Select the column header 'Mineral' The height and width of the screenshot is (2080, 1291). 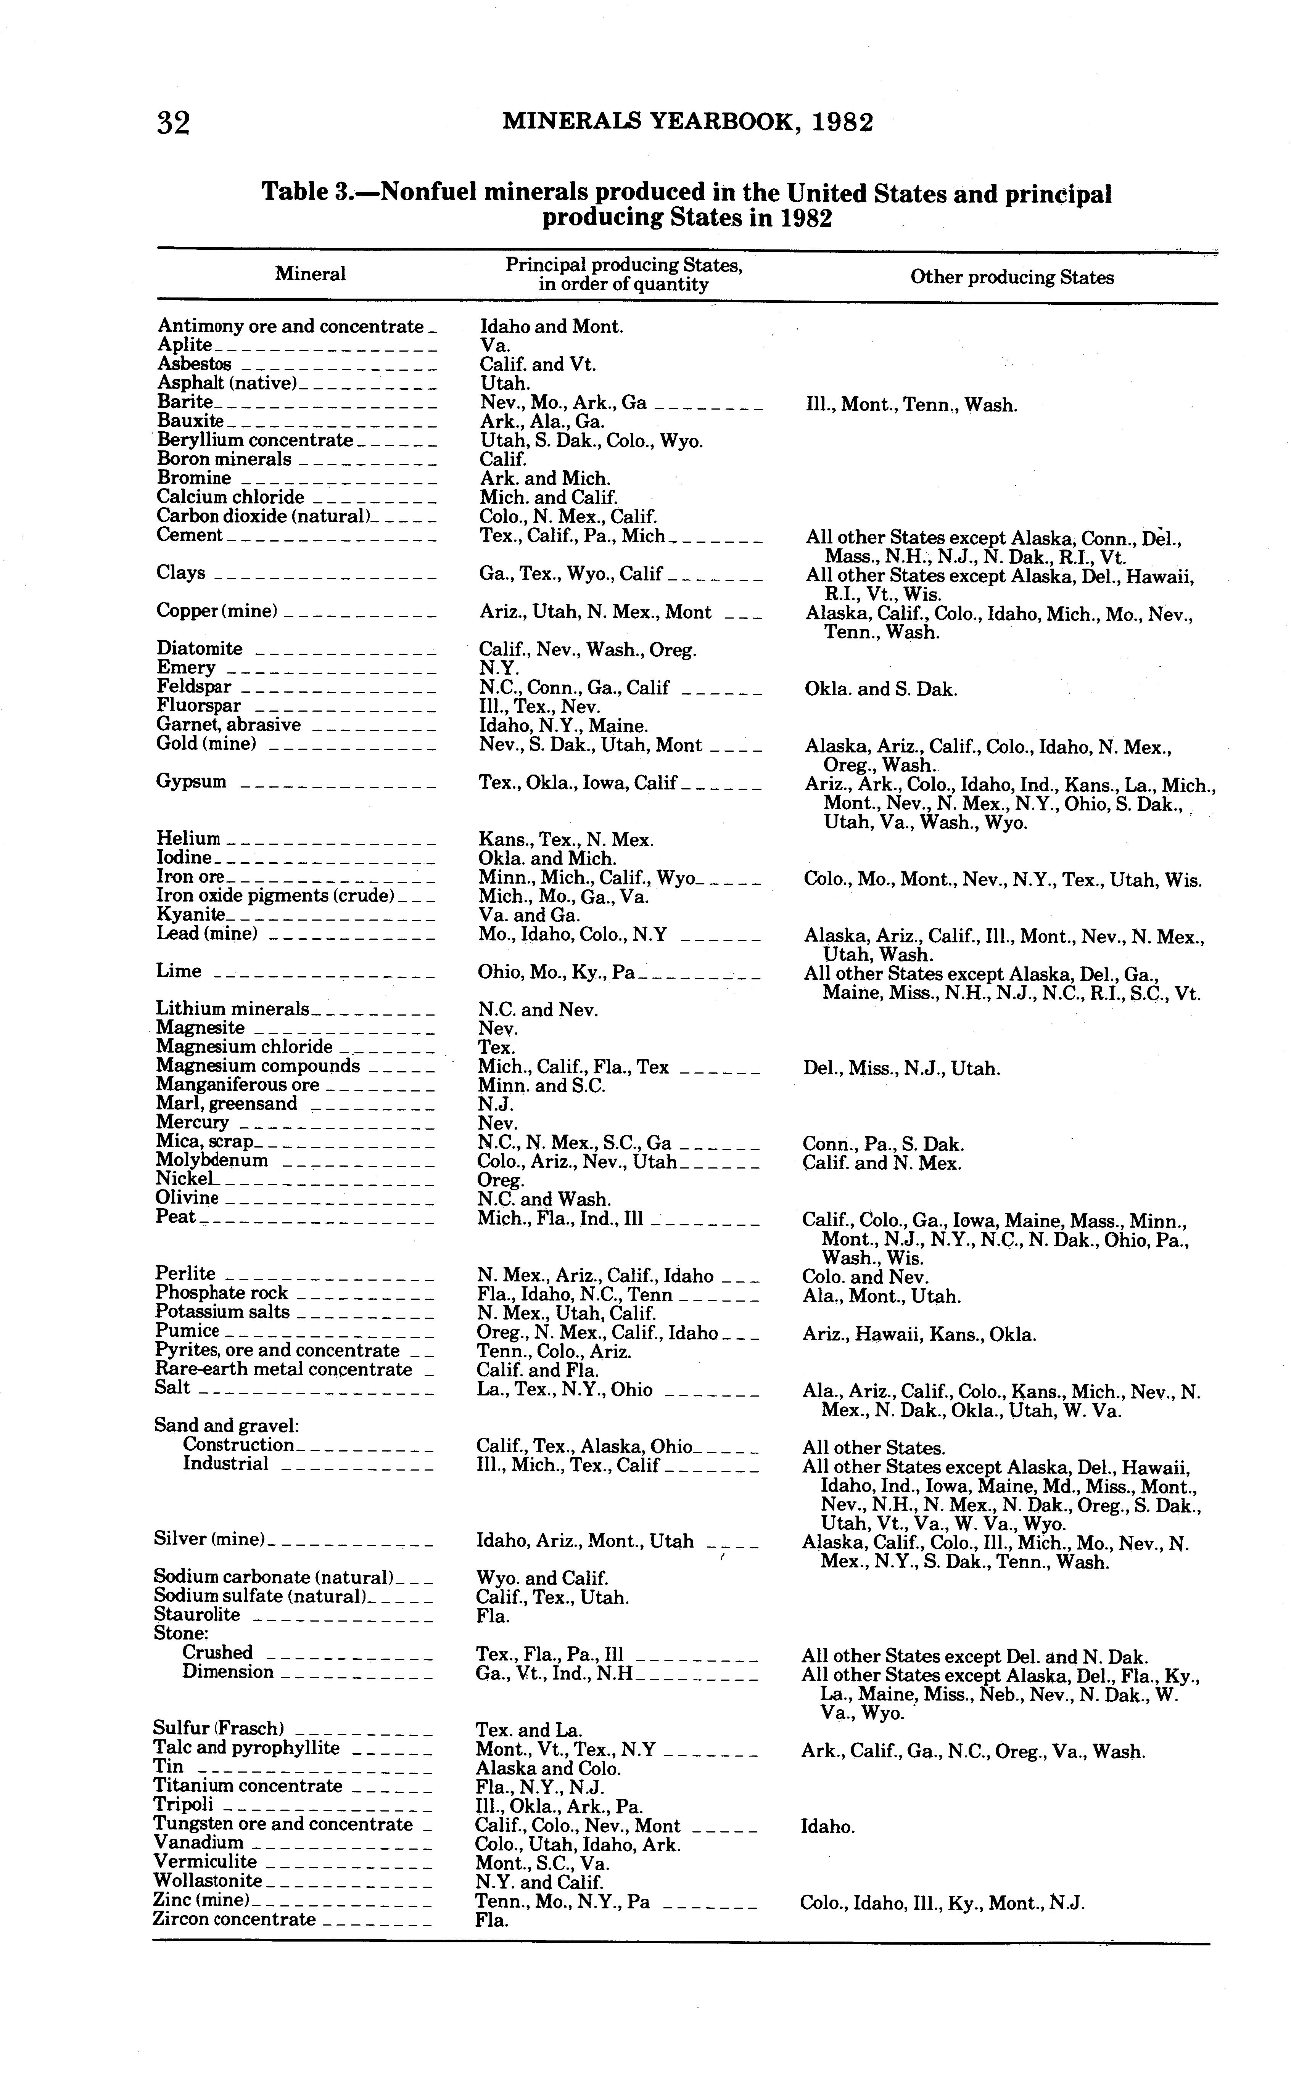tap(310, 274)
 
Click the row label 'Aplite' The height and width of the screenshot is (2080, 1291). tap(184, 345)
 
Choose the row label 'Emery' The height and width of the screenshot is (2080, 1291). tap(186, 667)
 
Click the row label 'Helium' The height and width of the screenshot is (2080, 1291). tap(188, 839)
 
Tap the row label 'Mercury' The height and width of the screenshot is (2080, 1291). tap(192, 1122)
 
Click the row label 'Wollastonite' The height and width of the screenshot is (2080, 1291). tap(208, 1880)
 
